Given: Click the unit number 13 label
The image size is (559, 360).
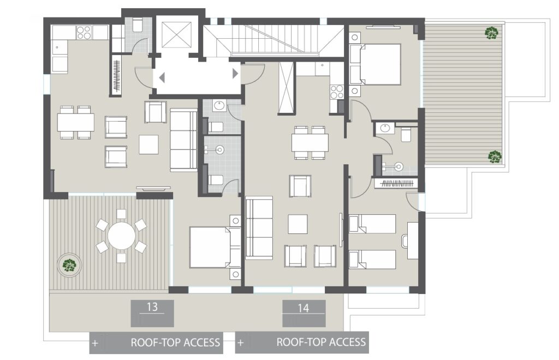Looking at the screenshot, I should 152,307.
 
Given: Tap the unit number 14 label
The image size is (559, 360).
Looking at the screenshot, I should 304,308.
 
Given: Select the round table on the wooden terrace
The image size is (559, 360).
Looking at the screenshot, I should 121,236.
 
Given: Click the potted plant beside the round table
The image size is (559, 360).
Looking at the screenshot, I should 69,265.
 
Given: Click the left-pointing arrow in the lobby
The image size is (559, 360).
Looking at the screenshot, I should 162,77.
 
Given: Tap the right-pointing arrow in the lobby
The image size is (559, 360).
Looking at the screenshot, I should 235,73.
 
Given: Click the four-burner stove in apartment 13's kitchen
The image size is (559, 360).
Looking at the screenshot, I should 84,33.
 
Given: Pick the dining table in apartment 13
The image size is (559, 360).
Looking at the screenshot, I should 76,122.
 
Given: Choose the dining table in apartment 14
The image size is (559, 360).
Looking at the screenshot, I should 310,142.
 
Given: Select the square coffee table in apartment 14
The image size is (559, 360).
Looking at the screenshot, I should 298,224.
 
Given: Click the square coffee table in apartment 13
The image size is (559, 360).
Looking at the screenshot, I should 148,145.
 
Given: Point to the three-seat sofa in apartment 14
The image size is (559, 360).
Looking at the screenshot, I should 259,227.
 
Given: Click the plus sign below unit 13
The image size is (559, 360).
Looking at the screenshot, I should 95,344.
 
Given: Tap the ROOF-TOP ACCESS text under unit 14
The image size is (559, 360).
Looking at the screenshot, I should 321,343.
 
